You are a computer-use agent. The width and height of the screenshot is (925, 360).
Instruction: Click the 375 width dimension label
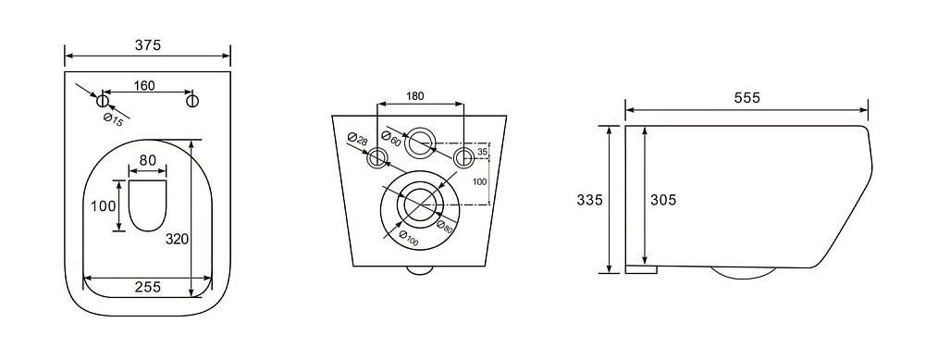[x=147, y=45]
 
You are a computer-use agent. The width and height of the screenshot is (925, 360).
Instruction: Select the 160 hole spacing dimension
[x=144, y=85]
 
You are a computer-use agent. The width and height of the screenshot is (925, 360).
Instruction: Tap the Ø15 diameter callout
[x=113, y=118]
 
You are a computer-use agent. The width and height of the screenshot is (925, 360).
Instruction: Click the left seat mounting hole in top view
[x=102, y=100]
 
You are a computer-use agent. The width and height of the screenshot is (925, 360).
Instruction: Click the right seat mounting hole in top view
[x=192, y=100]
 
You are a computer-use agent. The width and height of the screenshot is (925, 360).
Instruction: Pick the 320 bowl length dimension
[x=177, y=239]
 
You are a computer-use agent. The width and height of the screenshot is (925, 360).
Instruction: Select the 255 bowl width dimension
[x=147, y=287]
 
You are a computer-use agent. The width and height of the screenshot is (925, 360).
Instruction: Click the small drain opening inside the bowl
[x=147, y=205]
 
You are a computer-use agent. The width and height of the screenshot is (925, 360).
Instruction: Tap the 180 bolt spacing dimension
[x=415, y=96]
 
